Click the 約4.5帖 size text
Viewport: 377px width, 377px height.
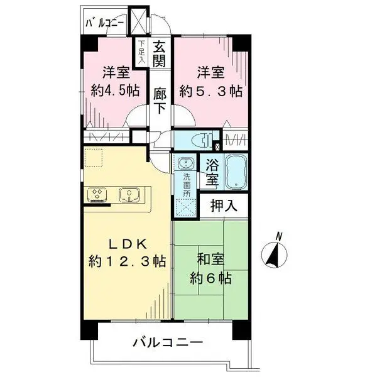(x=115, y=90)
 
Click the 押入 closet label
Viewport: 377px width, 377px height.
(x=218, y=205)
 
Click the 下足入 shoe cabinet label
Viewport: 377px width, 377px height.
(x=142, y=52)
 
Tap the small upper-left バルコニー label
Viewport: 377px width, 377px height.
(x=106, y=25)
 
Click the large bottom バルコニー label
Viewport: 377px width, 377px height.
(x=167, y=343)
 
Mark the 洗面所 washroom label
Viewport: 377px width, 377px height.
(x=187, y=185)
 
